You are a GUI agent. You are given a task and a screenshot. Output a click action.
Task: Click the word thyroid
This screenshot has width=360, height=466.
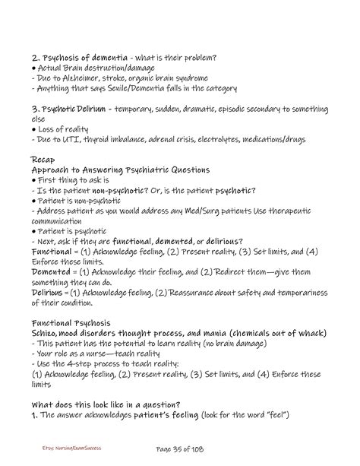click(93, 141)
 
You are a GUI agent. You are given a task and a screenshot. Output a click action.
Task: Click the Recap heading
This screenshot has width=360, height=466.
click(45, 160)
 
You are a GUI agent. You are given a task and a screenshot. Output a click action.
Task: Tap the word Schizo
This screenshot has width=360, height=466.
click(46, 332)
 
